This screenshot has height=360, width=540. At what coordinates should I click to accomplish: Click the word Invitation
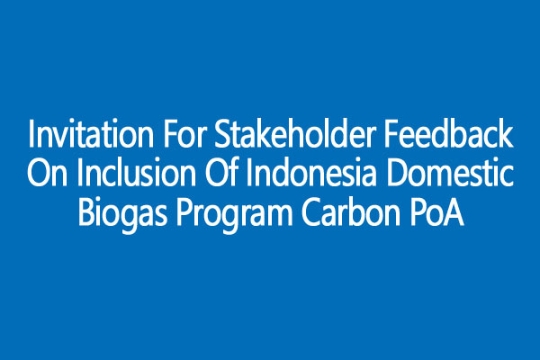coord(91,134)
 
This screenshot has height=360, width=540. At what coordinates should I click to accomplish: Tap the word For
coord(184,134)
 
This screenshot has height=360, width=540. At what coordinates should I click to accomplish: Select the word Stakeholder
coord(294,134)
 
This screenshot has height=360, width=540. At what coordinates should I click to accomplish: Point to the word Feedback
coord(448,134)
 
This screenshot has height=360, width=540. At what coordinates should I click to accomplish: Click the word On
coord(47,172)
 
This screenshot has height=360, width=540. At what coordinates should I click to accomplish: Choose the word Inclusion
coord(136,172)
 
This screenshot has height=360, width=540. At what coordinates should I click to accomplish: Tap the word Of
coord(220,172)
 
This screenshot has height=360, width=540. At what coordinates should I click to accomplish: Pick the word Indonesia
coord(310,172)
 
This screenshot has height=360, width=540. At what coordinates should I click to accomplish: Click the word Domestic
coord(449,172)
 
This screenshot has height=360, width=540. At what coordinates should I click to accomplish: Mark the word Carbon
coord(351,211)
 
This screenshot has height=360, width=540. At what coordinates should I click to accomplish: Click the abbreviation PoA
coord(437,211)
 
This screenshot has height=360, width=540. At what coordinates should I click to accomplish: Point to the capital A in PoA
coord(453,211)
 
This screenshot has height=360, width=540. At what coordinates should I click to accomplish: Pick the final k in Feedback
coord(505,133)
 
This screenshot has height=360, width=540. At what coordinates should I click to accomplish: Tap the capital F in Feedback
coord(391,134)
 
